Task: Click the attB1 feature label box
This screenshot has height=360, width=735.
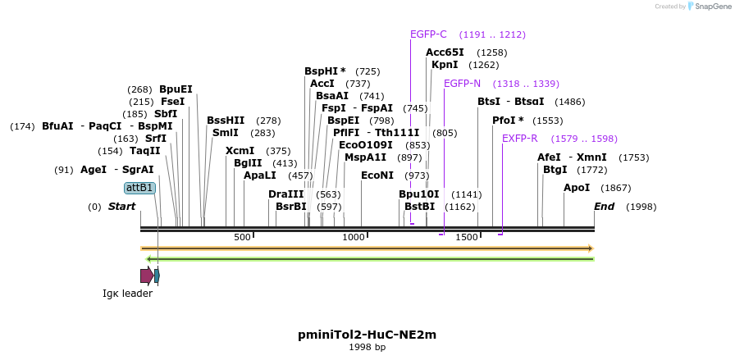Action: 139,188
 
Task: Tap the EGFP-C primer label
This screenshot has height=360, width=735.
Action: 428,34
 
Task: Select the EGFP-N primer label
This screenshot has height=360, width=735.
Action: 462,84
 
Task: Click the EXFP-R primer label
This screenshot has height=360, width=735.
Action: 519,139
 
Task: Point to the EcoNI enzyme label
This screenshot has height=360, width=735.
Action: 377,175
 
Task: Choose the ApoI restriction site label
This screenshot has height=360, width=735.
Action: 577,188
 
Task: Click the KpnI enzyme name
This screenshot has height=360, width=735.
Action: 445,65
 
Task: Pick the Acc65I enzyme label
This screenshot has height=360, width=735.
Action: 445,52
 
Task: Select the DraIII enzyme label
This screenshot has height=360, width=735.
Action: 285,194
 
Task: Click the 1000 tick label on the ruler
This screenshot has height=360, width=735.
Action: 354,237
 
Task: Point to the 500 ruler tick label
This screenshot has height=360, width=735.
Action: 242,237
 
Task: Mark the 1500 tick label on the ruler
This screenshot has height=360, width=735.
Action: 467,237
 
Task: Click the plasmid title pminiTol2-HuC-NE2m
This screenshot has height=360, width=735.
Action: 367,335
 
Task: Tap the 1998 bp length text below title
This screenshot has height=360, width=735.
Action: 367,348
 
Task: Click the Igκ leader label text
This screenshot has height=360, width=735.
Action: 127,294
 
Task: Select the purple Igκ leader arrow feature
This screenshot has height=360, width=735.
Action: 146,276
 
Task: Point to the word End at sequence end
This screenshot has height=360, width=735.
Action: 604,207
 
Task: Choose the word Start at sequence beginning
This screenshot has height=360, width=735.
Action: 121,207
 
